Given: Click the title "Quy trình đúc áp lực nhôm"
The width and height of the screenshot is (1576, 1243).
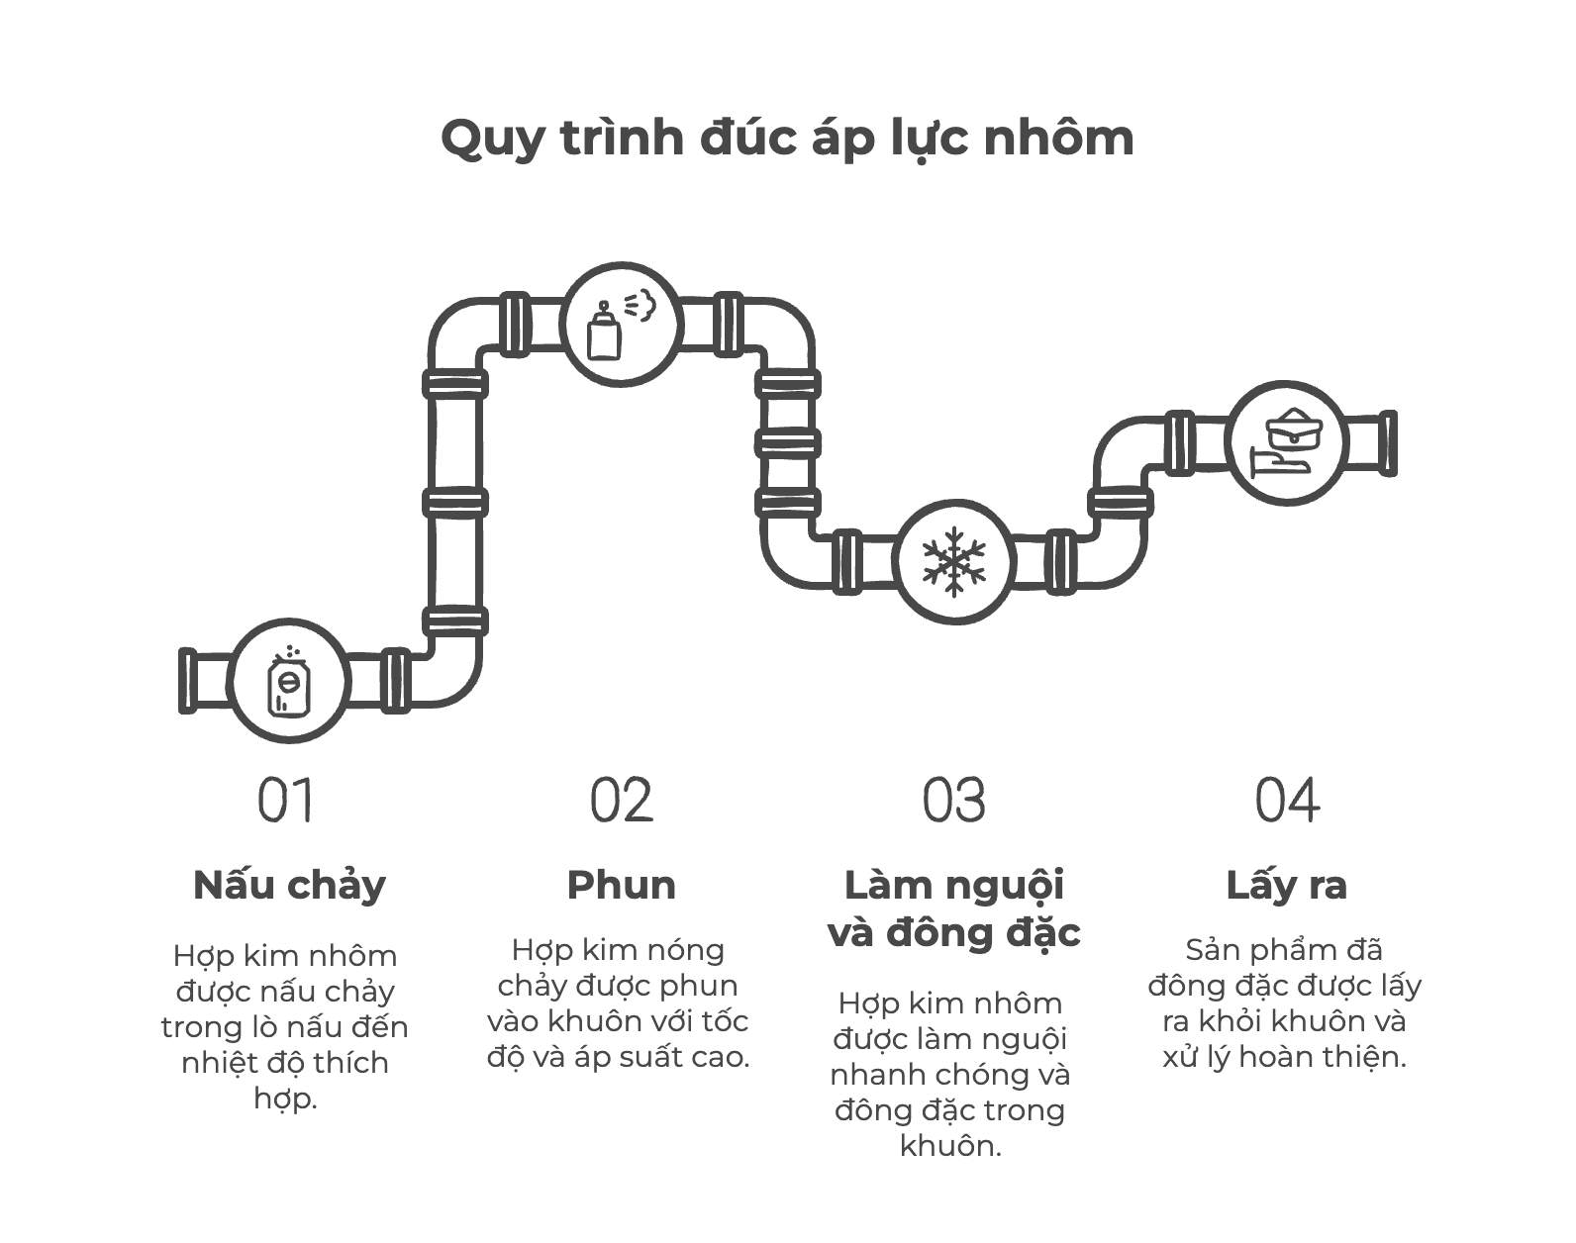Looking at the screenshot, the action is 787,140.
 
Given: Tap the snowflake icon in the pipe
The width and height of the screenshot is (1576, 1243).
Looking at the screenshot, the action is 953,561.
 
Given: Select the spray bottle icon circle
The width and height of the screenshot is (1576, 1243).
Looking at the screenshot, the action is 622,325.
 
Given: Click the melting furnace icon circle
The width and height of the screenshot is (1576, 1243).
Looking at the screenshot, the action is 289,681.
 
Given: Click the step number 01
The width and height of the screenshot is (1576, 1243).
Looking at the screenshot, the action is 285,800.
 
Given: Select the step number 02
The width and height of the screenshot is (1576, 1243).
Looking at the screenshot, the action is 621,800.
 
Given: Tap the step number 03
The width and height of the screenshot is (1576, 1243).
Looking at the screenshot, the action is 953,800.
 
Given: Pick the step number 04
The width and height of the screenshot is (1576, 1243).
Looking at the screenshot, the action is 1287,800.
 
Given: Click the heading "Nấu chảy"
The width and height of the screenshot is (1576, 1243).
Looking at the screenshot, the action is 289,887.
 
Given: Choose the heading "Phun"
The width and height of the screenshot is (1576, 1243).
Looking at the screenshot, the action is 621,885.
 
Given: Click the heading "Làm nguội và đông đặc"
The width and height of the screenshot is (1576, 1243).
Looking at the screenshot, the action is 953,909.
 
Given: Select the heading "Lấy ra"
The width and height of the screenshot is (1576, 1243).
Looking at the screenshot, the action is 1287,887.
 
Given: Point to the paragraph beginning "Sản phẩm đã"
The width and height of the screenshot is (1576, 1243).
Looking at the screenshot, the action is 1285,1004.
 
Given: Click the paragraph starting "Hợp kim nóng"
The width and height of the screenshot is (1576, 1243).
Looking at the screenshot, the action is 618,1004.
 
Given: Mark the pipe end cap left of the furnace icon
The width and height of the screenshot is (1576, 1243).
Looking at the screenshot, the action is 187,680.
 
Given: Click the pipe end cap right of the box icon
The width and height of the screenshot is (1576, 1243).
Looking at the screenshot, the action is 1388,443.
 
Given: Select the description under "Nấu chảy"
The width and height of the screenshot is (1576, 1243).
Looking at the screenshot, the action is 285,1027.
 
